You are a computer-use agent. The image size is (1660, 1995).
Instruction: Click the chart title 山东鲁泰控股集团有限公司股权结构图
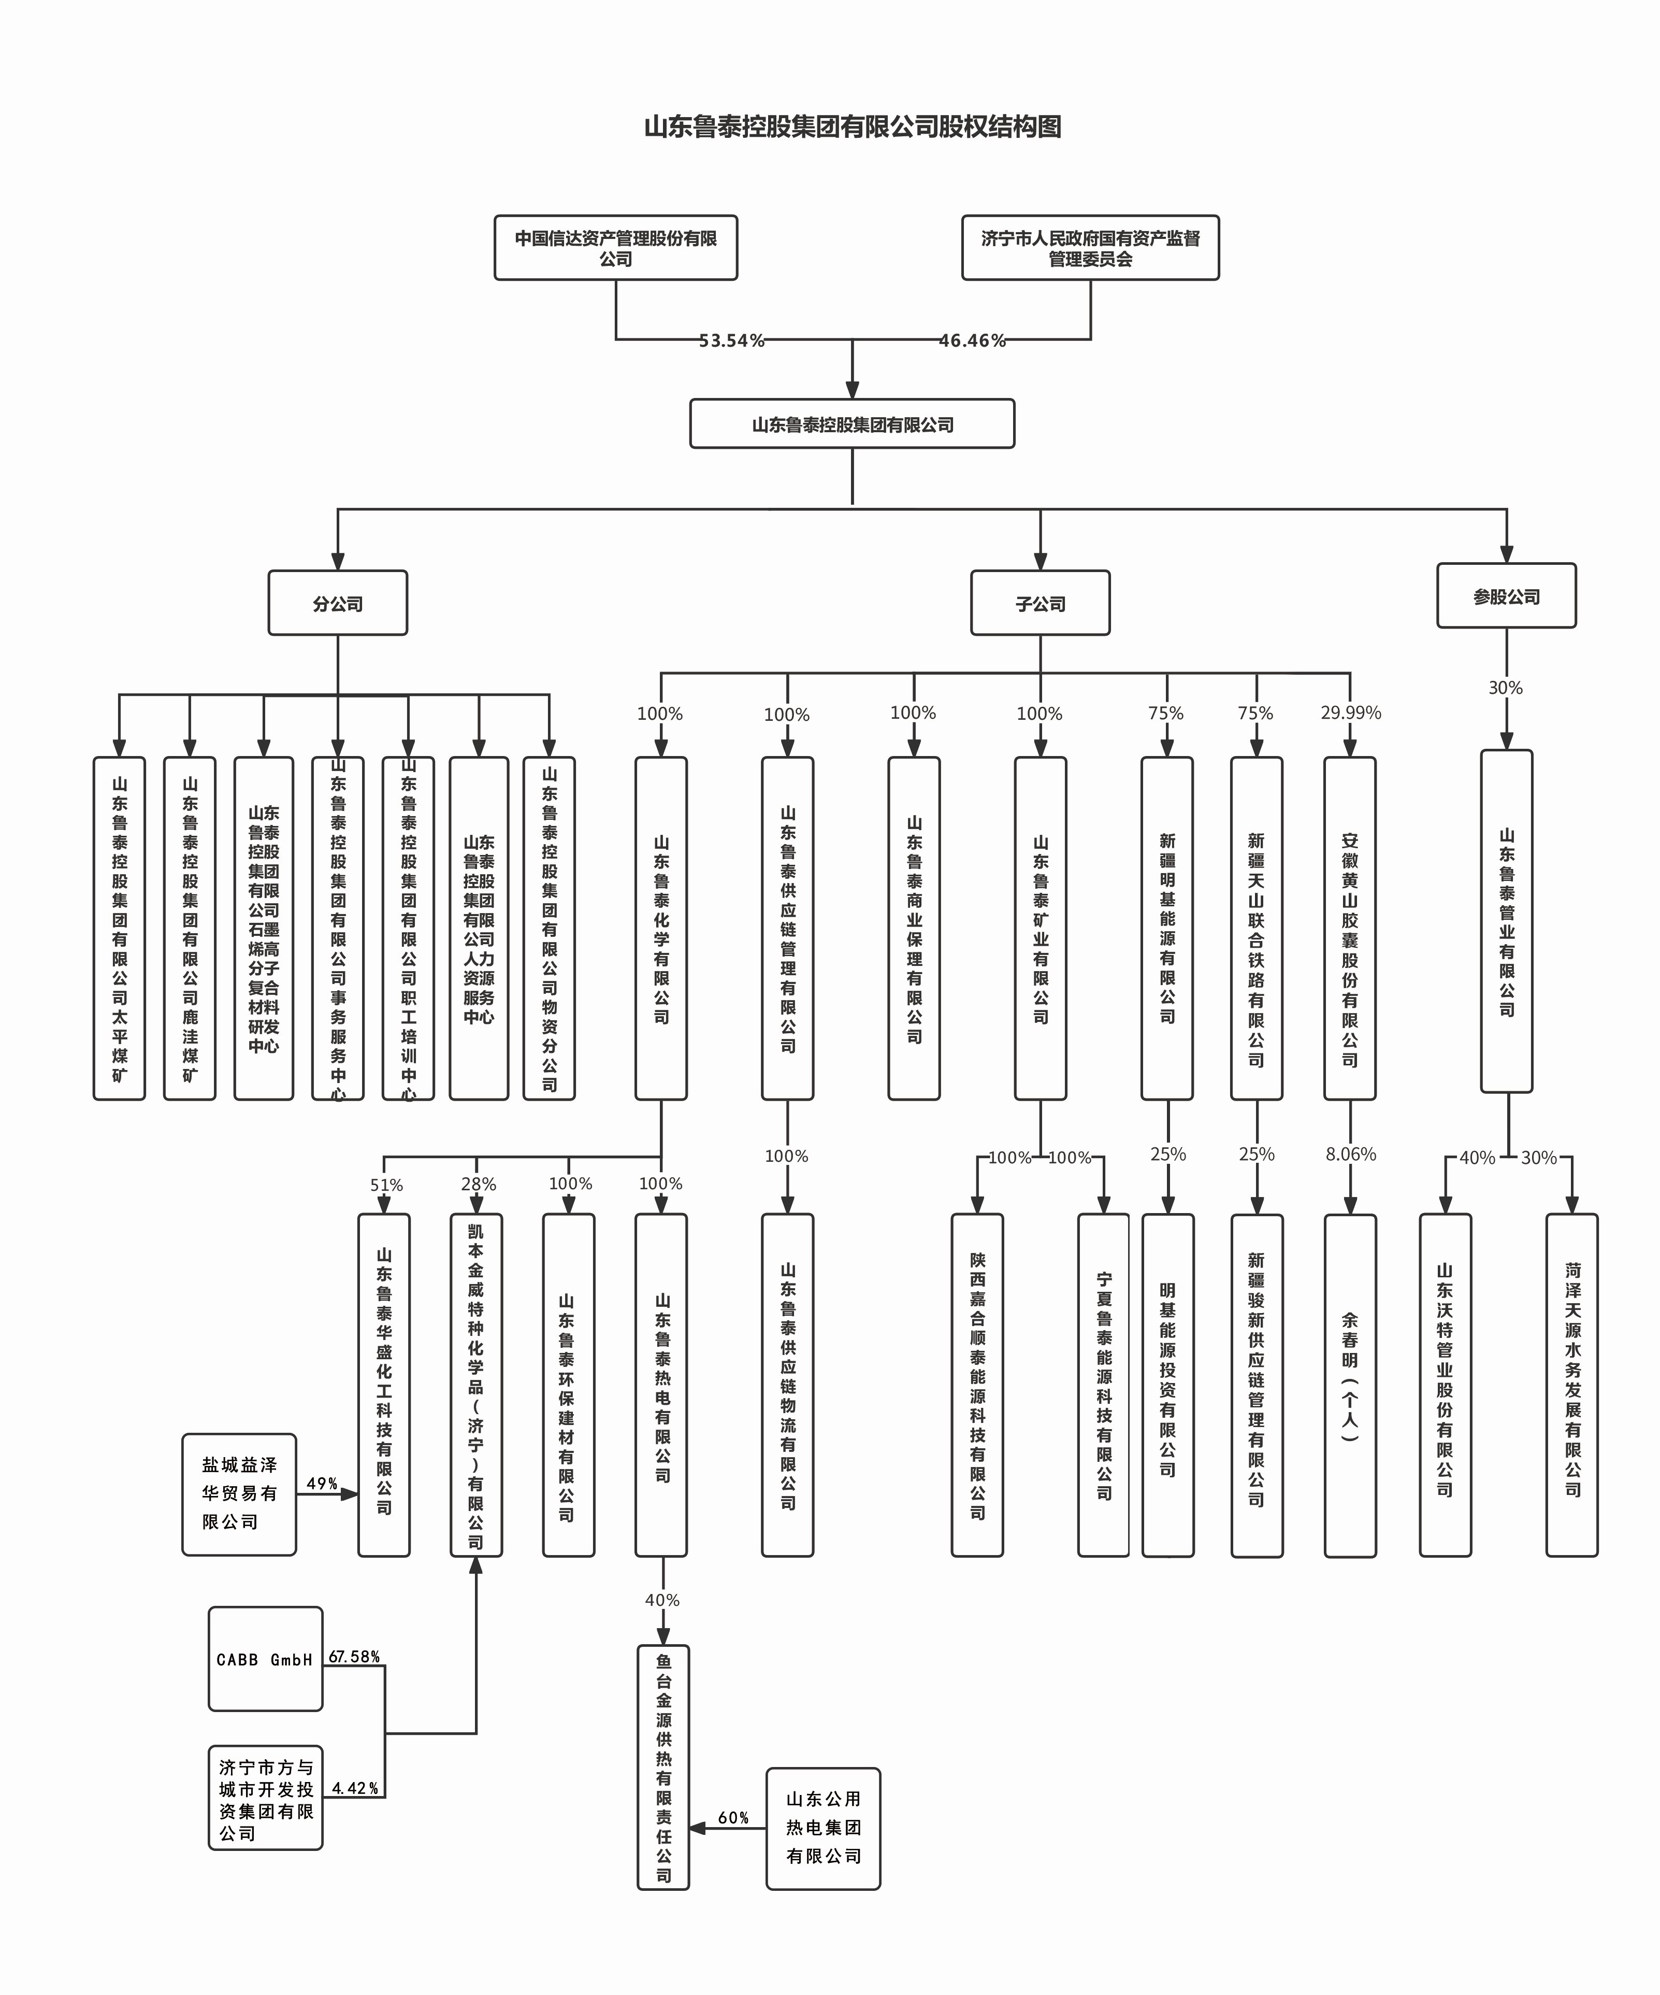[x=852, y=126]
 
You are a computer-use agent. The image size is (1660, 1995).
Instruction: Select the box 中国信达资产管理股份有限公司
[x=615, y=248]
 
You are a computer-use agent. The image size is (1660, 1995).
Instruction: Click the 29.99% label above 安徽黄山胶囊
[x=1349, y=712]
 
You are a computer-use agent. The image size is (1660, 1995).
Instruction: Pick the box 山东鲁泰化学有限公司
[x=661, y=928]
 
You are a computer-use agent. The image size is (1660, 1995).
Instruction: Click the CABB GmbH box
[x=265, y=1660]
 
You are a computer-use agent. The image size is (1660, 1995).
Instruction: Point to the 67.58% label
[x=354, y=1657]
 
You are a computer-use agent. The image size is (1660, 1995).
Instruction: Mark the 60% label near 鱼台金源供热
[x=733, y=1817]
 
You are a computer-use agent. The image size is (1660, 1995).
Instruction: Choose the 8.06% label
[x=1349, y=1155]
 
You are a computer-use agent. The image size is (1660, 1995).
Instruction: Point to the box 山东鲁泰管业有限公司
[x=1506, y=921]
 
